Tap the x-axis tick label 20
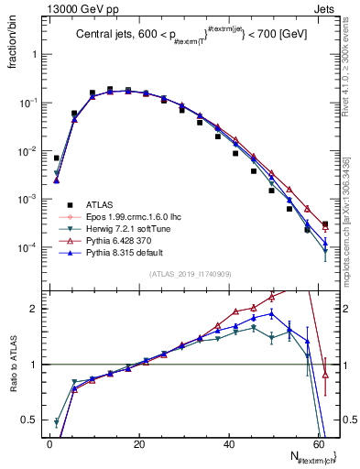[x=138, y=444]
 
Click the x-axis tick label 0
[x=49, y=444]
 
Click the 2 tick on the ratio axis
[x=35, y=309]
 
